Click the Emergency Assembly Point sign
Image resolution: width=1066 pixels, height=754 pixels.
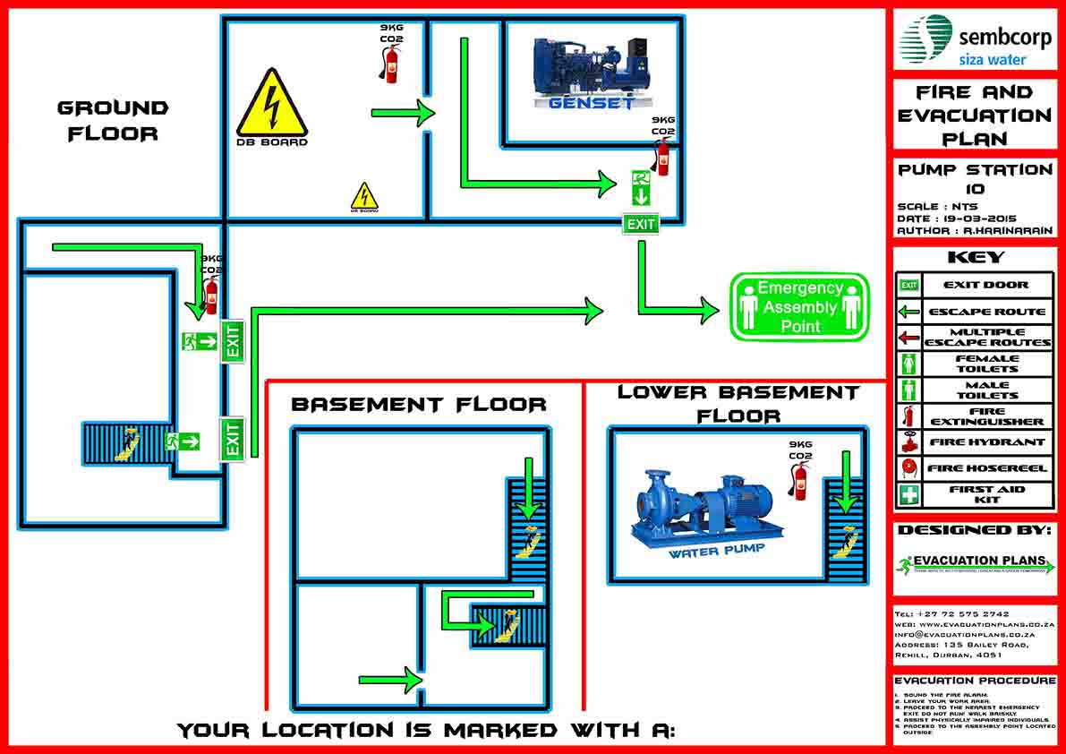pos(800,306)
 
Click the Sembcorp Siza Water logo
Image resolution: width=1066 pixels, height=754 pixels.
pos(975,40)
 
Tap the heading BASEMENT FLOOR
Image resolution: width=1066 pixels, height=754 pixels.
pos(418,405)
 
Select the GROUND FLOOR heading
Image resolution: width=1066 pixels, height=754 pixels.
pos(113,121)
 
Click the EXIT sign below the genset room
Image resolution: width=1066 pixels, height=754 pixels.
pos(641,225)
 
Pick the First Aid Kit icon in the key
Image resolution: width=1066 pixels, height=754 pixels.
pos(909,494)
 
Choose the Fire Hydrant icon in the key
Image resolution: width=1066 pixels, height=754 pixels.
pos(909,442)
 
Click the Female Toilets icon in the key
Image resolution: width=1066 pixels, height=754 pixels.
pos(909,364)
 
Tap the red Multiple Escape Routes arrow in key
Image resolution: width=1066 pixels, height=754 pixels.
pos(909,338)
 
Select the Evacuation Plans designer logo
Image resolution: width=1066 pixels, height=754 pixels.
pos(975,564)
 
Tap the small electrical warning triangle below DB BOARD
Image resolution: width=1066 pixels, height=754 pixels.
pos(363,196)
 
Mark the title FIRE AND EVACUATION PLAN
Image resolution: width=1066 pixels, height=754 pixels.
pos(975,115)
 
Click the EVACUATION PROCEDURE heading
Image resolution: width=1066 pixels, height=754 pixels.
pos(975,681)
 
